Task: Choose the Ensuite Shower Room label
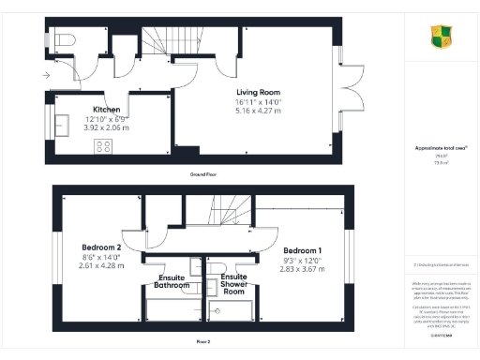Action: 233,284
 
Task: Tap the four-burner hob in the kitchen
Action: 105,145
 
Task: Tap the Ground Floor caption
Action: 199,175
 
